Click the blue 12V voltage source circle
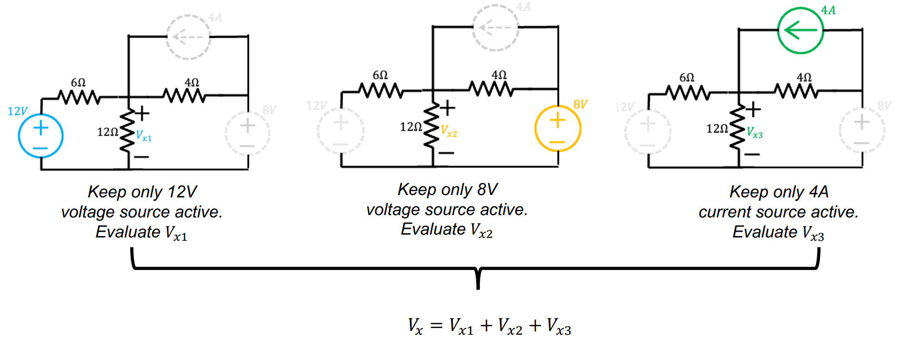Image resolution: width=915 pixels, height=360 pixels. [41, 135]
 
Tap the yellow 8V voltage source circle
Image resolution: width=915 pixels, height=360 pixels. [558, 129]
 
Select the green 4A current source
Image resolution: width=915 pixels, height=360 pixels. [801, 31]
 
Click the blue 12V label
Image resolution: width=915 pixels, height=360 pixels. [18, 111]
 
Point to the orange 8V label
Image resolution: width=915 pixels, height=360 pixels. [580, 104]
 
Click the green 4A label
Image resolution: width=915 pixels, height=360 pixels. [828, 10]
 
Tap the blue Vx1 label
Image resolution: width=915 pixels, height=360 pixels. [144, 136]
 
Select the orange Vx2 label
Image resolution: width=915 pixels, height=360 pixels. [449, 132]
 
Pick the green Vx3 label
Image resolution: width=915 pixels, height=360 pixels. [755, 133]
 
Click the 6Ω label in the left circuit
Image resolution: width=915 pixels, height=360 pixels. [78, 82]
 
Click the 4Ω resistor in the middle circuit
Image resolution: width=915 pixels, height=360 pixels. [491, 89]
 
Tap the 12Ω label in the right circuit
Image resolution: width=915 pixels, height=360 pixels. [717, 129]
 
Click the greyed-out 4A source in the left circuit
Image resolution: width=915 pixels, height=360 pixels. [188, 37]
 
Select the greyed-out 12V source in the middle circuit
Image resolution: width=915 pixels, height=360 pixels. [341, 130]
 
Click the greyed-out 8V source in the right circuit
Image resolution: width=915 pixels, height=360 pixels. [862, 130]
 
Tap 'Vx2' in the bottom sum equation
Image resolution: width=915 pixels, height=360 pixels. [510, 327]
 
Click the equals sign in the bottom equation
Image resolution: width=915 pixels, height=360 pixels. [436, 326]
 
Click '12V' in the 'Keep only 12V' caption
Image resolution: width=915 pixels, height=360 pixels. [182, 192]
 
